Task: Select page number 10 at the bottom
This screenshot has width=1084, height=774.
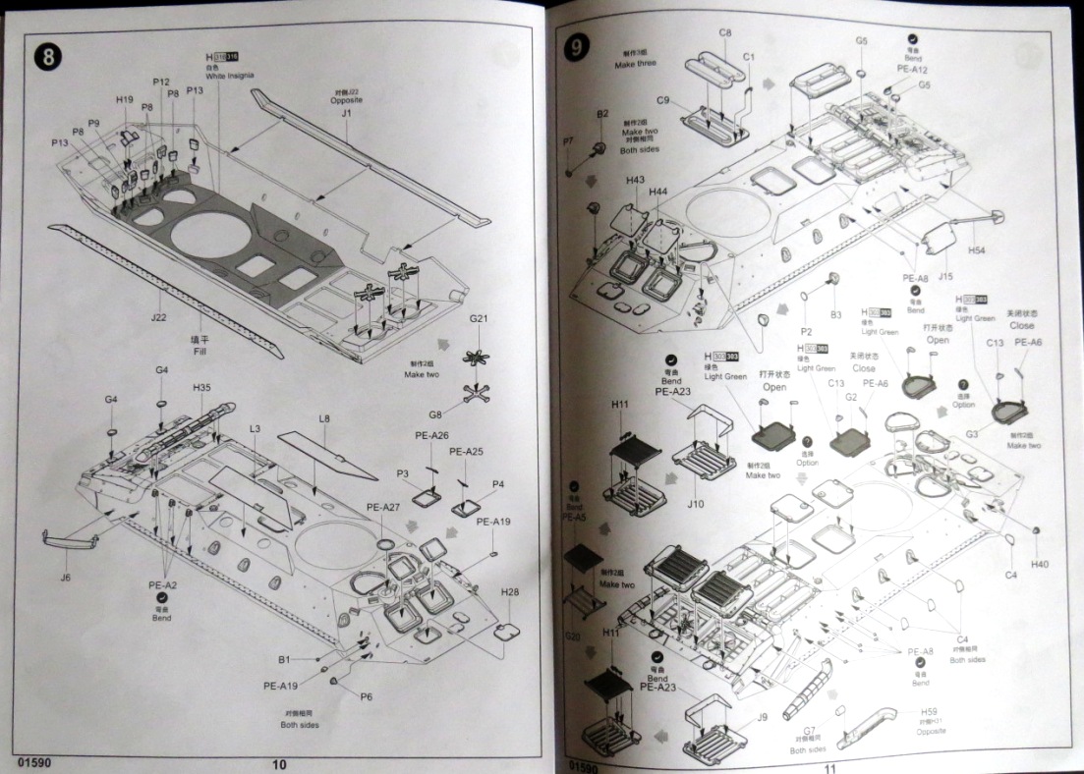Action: coord(279,764)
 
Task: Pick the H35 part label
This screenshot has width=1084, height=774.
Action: coord(201,388)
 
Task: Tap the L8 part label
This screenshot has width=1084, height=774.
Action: coord(324,419)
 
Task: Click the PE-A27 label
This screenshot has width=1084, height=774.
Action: coord(382,507)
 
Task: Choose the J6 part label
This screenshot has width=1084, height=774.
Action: coord(65,577)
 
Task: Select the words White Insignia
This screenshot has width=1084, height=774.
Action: coord(231,76)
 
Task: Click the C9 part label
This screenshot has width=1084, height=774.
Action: coord(663,100)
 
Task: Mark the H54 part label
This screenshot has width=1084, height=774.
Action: coord(976,250)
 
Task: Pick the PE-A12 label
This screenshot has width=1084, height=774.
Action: coord(913,70)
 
